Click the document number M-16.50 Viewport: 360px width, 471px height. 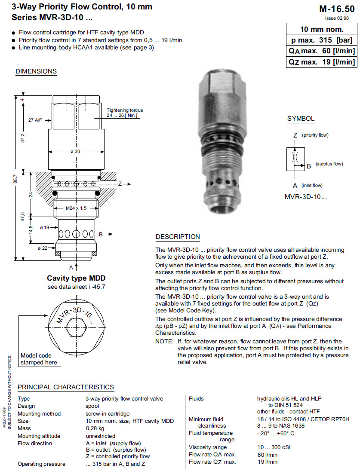coord(337,9)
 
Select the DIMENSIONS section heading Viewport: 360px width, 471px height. coord(36,71)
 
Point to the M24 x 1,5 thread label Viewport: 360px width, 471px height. coord(76,208)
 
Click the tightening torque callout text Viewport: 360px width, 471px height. coord(125,113)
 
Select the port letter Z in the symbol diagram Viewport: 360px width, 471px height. coord(295,135)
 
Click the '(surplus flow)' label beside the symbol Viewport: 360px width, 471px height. coord(329,164)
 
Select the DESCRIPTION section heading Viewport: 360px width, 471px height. coord(178,237)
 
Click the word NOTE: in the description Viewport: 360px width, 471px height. coord(164,341)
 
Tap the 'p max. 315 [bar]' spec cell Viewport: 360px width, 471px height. coord(321,40)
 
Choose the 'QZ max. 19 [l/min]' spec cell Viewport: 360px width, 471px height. coord(321,62)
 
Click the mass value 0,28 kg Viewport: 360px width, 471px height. coord(95,428)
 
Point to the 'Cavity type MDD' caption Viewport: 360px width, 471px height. coord(76,278)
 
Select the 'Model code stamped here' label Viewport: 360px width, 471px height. coord(39,359)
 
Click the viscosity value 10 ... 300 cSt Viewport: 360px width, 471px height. coord(274,447)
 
